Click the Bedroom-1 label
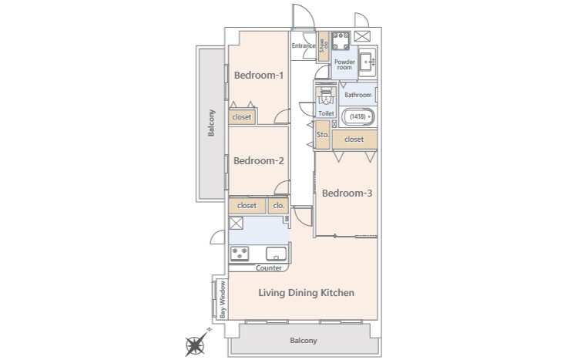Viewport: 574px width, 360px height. (x=258, y=76)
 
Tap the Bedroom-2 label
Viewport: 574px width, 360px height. (x=258, y=161)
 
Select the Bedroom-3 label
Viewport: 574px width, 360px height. (x=347, y=193)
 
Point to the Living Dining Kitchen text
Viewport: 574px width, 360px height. (x=307, y=293)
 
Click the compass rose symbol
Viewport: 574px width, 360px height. (x=196, y=344)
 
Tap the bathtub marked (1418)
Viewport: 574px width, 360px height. (x=358, y=117)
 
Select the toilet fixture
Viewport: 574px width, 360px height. (x=326, y=96)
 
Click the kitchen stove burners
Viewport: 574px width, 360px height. (x=240, y=254)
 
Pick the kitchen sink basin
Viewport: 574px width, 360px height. (x=277, y=253)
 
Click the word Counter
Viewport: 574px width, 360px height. (x=269, y=268)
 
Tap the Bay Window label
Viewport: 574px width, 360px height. (x=223, y=300)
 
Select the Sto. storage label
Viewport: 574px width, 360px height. (x=323, y=135)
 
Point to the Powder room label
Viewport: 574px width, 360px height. (x=344, y=65)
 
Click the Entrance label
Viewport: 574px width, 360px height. (x=304, y=45)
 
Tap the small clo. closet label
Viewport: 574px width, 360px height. (x=279, y=206)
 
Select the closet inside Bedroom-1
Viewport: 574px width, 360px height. (x=242, y=117)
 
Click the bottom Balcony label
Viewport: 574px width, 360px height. (x=304, y=341)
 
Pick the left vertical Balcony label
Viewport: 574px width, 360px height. (x=211, y=123)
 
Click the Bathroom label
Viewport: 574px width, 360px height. (x=357, y=95)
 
